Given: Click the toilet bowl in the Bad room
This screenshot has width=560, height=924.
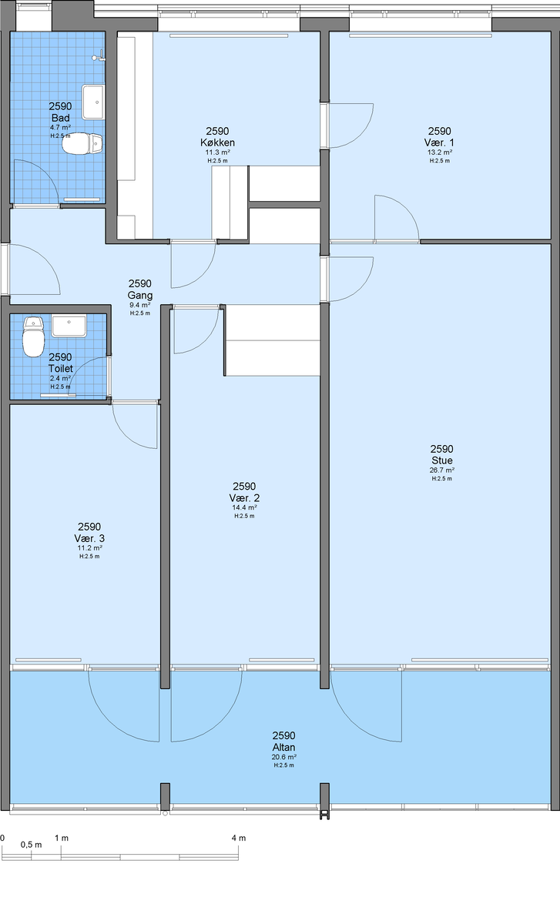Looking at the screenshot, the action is click(x=82, y=143).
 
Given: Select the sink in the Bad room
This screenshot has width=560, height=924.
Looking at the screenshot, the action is click(x=93, y=102).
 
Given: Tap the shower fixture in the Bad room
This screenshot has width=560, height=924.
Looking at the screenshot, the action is click(x=99, y=56).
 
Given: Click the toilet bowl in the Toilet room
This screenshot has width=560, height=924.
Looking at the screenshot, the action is click(x=33, y=336).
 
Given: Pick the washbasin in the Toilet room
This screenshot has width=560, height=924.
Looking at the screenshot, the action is click(x=69, y=326).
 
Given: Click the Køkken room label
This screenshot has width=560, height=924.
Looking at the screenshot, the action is click(x=217, y=142).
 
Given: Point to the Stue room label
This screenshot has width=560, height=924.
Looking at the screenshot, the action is click(x=442, y=460).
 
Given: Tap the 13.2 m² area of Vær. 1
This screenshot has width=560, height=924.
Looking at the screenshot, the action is click(x=440, y=152).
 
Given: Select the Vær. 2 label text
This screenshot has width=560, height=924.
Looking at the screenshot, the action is click(x=244, y=498).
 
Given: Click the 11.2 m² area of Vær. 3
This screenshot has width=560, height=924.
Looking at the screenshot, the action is click(x=89, y=547).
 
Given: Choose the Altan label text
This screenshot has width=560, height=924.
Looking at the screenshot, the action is click(x=284, y=747).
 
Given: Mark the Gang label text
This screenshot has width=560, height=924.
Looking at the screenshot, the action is click(x=140, y=296).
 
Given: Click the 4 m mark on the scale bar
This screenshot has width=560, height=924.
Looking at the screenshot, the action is click(x=239, y=838).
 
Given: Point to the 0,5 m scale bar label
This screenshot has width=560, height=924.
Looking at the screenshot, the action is click(x=32, y=845).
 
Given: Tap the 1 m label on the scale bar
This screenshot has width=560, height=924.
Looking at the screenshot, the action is click(x=62, y=838).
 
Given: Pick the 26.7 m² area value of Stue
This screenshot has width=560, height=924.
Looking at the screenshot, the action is click(x=442, y=470).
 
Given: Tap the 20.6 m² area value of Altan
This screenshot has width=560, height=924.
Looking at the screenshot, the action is click(x=284, y=757).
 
